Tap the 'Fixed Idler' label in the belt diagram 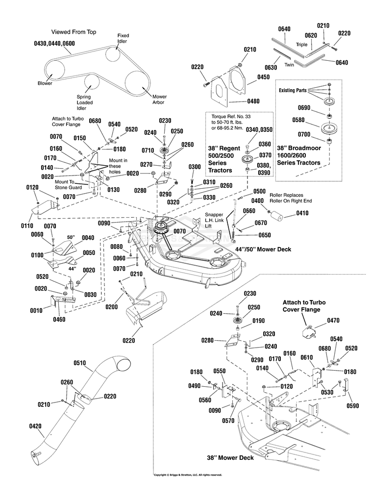[x=123, y=38]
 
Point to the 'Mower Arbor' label [x=158, y=99]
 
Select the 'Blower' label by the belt [x=45, y=83]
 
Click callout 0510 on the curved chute [x=79, y=363]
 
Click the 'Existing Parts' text [x=293, y=91]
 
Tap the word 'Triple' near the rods [x=301, y=44]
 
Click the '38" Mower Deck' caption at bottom [x=230, y=458]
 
